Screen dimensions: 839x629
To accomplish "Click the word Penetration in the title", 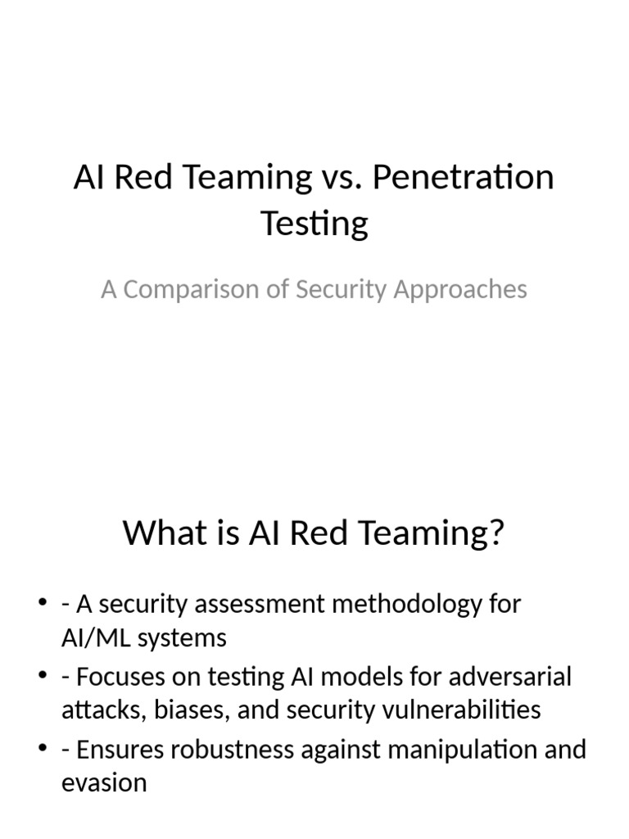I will (463, 178).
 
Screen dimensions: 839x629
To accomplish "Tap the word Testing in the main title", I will (314, 222).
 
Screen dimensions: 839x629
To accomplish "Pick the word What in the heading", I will (162, 534).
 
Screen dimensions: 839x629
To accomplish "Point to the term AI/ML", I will (96, 637).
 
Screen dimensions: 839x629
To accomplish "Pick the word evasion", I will (104, 782).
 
